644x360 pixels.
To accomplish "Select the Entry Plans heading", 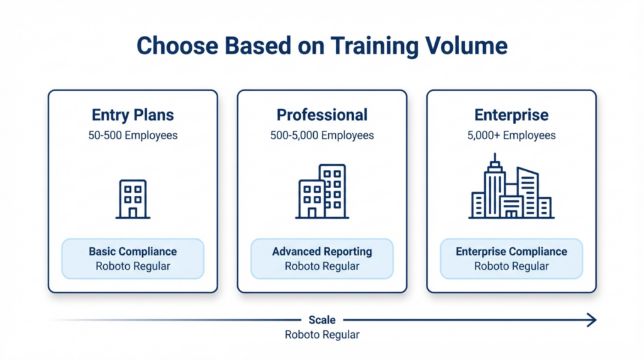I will click(x=133, y=115).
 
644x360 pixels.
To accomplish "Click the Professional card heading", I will click(x=322, y=115).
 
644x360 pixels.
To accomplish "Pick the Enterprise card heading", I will click(x=511, y=115).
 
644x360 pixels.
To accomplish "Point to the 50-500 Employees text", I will click(x=133, y=135).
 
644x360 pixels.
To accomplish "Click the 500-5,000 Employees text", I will click(x=322, y=135).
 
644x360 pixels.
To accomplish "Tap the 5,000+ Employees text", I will click(x=511, y=135).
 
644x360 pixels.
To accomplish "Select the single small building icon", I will click(x=133, y=199).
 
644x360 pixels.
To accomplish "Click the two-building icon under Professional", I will click(x=322, y=191).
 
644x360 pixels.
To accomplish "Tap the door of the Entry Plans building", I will click(x=133, y=212).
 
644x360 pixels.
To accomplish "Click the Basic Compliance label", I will click(x=133, y=252).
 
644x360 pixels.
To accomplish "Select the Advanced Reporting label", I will click(x=322, y=252).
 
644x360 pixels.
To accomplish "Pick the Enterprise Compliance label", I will click(x=511, y=252).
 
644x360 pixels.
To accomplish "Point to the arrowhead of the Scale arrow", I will click(x=591, y=321).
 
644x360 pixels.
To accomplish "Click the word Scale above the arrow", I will click(x=322, y=320).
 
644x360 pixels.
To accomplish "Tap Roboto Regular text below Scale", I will click(x=322, y=335).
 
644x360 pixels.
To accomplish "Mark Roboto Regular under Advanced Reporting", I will click(x=322, y=266).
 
